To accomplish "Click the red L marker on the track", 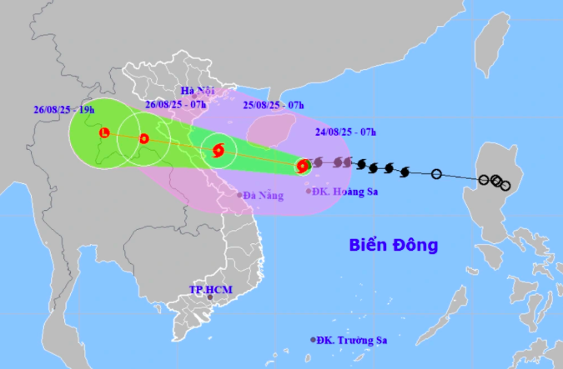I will coord(104,132).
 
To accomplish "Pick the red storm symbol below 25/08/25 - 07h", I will coord(219,152).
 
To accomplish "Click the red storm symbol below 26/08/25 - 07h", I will coord(144,139).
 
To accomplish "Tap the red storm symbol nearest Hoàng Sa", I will coord(302,167).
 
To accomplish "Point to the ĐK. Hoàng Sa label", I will coord(342,192).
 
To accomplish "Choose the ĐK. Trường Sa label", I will coord(353,340).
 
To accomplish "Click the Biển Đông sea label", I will coord(393,246).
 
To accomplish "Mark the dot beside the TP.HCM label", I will coord(211,297).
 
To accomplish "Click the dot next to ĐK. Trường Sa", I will coord(314,340).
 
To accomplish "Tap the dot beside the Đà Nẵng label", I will coord(239,195).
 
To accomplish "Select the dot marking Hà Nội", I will coord(194,97).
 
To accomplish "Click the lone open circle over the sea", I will coord(436,174).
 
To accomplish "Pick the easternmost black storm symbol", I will coord(405,172).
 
